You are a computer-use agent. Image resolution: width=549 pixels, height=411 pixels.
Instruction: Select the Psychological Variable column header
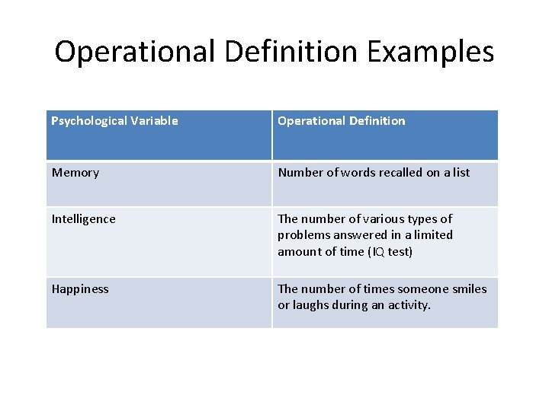114,120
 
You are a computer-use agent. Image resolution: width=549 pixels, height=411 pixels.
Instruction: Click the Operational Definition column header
341,120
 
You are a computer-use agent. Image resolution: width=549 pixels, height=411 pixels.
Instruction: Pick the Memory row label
75,173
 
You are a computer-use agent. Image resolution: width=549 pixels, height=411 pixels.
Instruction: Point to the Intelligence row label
84,219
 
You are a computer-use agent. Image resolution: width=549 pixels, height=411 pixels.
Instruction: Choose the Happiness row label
80,289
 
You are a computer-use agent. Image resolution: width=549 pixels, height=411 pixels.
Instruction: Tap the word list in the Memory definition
461,173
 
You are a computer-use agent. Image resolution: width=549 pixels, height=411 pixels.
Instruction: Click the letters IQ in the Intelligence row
377,252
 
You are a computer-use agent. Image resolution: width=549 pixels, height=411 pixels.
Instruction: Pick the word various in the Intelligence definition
374,219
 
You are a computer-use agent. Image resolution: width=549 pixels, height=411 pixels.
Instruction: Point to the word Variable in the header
153,120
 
